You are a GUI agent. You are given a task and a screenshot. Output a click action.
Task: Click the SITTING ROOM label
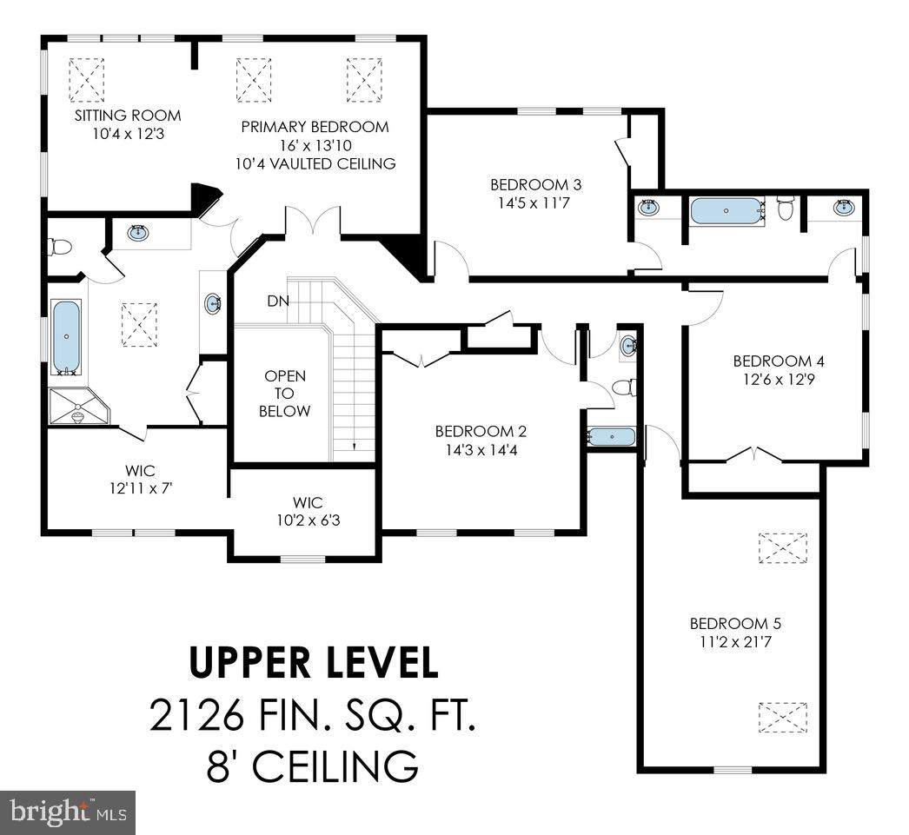(x=127, y=116)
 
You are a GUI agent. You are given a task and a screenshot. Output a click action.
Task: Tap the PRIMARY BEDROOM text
(x=315, y=127)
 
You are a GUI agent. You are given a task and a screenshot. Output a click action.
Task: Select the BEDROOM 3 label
(x=535, y=184)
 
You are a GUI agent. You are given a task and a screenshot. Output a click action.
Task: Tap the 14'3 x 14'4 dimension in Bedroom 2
(x=481, y=449)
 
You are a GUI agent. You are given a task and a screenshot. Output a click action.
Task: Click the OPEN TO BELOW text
(x=284, y=394)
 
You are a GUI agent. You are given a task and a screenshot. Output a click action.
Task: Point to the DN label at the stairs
(x=278, y=302)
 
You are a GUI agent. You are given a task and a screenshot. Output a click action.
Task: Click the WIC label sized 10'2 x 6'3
(x=308, y=502)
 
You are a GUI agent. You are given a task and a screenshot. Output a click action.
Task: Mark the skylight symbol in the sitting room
(x=86, y=79)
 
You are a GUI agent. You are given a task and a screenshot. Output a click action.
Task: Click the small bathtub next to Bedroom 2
(x=612, y=436)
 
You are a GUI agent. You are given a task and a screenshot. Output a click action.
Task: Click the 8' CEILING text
(x=314, y=767)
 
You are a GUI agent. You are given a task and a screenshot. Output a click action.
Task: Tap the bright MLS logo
(x=68, y=812)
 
